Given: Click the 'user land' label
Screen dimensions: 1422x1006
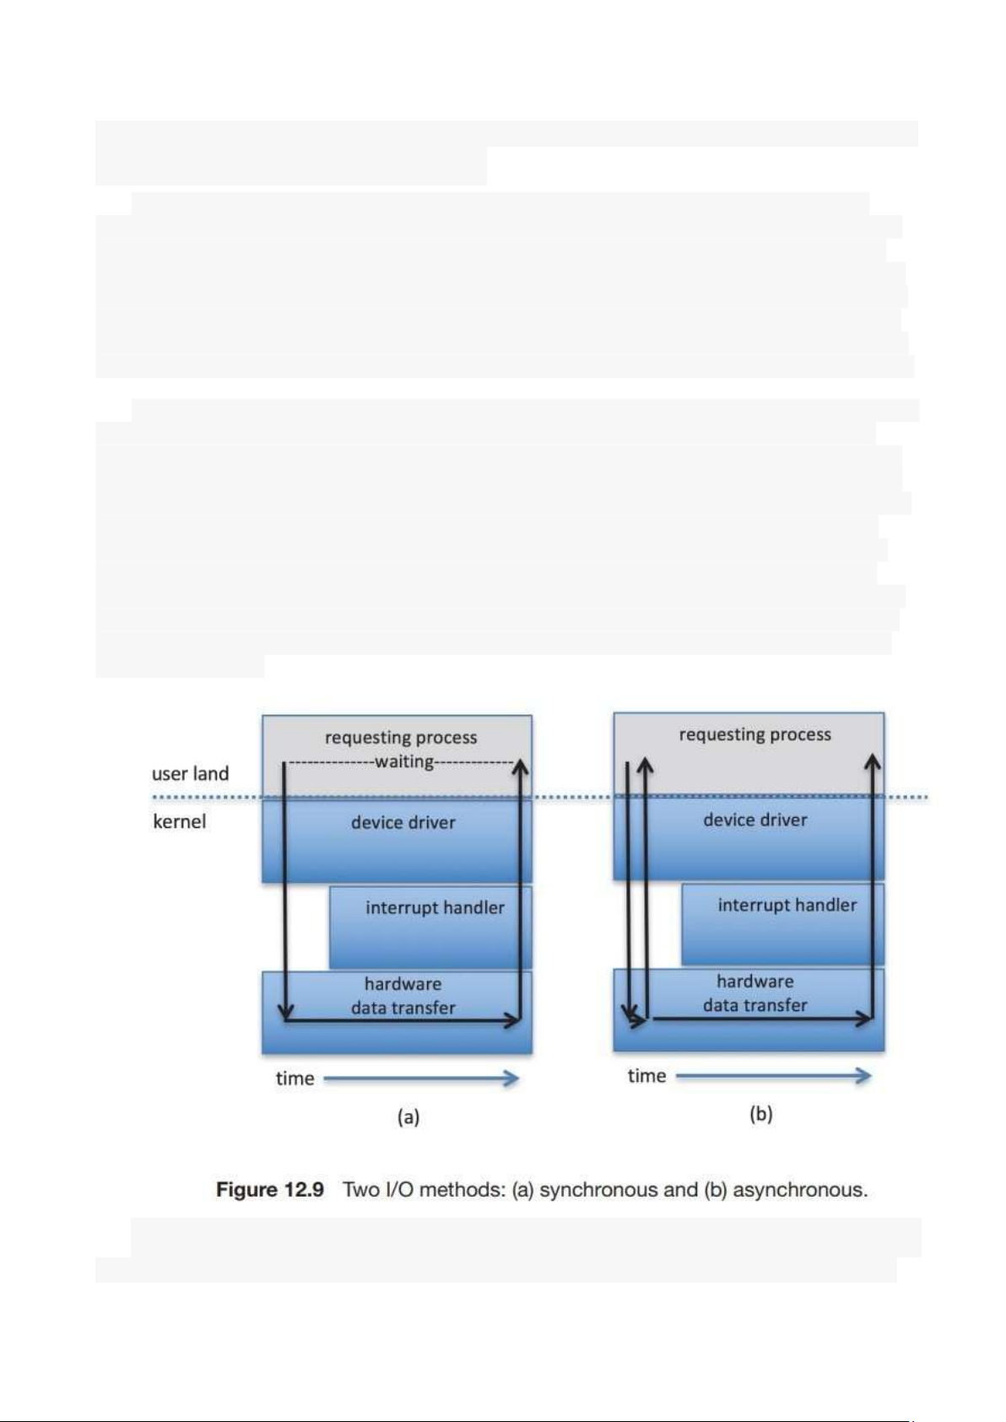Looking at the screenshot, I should [x=190, y=773].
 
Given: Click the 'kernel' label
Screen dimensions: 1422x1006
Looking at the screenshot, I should [x=179, y=821].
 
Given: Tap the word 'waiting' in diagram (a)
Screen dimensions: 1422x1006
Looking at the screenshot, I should [x=404, y=761].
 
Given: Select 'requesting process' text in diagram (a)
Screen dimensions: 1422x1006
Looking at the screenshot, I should [x=401, y=737].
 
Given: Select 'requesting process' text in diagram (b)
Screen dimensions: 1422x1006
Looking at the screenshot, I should [x=754, y=734].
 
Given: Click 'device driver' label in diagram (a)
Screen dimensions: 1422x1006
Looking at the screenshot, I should [x=403, y=822].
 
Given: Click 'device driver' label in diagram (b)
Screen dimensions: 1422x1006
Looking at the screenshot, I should [x=754, y=819].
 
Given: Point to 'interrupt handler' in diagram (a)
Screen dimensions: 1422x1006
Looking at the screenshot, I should [x=435, y=907].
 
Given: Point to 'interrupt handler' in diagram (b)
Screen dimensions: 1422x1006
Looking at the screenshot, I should [x=787, y=905].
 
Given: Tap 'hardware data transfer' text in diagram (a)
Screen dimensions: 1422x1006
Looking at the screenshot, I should [x=403, y=996].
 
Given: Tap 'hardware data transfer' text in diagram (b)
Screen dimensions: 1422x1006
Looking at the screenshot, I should [x=754, y=993].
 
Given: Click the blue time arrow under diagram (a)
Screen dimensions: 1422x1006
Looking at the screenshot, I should [x=420, y=1078].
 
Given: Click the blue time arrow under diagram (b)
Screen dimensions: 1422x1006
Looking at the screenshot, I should [x=773, y=1075].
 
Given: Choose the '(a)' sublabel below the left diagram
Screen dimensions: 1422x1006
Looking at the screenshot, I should [x=408, y=1117].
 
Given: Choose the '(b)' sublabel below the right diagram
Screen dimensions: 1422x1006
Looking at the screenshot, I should [x=761, y=1114].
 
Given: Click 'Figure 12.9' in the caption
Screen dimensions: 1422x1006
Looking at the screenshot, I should [x=270, y=1189].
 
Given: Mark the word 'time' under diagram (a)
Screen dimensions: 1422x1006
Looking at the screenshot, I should [x=295, y=1079].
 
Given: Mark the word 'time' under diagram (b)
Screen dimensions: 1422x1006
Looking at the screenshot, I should [x=646, y=1076].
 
